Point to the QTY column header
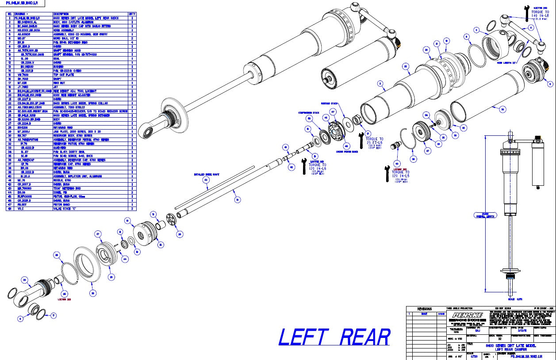point(132,14)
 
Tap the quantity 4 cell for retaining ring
point(132,42)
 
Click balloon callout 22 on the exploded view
point(405,66)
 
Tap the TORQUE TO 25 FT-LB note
point(375,141)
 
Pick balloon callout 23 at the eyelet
point(25,279)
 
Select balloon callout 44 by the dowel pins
point(125,259)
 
